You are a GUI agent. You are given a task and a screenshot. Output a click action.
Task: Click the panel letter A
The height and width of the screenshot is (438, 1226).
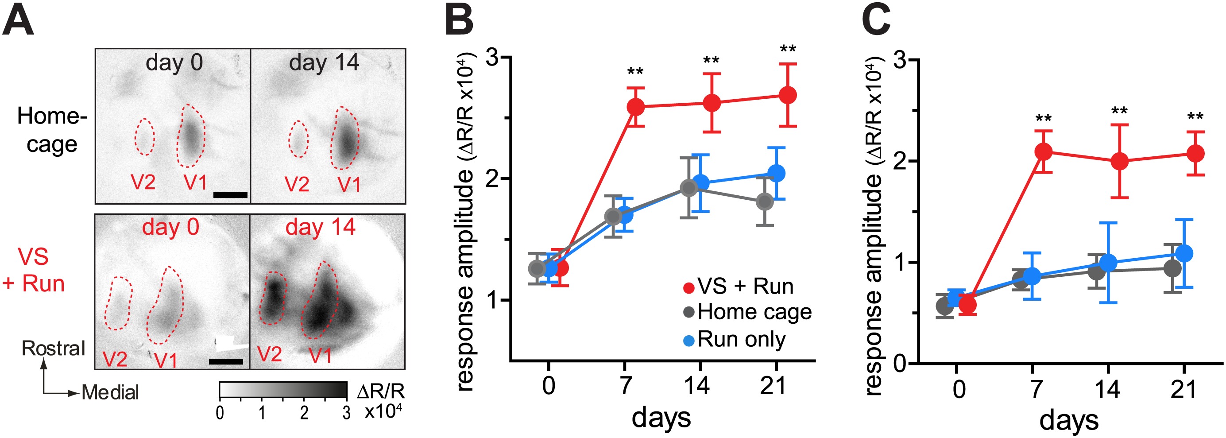point(18,21)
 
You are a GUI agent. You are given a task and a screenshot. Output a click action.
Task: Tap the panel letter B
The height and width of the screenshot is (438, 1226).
point(459,21)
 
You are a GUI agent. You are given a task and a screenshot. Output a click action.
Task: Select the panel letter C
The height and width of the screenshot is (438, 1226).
point(876,21)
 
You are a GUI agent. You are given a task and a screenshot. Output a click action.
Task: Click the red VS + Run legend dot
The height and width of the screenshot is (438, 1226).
point(688,288)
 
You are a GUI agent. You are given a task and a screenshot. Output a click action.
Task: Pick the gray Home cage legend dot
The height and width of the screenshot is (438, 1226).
point(688,313)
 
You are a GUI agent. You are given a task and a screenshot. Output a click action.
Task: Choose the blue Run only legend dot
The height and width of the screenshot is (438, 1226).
point(688,341)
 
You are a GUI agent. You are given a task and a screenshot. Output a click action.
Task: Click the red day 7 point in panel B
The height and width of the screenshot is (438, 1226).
point(636,107)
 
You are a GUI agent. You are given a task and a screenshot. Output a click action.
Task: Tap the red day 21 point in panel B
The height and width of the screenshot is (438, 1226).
point(788,95)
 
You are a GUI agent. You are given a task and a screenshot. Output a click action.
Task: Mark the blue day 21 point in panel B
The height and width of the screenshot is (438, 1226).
point(777,173)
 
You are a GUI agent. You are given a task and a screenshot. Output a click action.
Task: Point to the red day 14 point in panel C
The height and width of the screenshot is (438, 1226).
point(1119,161)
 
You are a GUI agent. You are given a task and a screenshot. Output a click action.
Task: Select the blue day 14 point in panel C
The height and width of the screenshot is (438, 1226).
point(1108,262)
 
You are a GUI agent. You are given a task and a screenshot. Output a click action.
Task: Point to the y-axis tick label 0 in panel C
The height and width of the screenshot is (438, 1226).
point(901,364)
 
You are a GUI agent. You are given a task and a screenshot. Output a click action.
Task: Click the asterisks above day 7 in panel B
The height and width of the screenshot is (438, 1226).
point(635,72)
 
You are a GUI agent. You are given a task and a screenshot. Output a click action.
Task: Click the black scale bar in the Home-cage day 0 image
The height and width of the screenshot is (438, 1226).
point(230,195)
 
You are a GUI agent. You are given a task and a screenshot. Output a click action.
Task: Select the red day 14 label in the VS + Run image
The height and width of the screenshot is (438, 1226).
point(320,227)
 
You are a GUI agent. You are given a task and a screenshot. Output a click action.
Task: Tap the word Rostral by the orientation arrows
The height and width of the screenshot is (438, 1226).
point(53,349)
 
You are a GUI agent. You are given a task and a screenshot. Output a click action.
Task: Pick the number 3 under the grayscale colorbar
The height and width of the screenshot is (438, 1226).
point(347,413)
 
